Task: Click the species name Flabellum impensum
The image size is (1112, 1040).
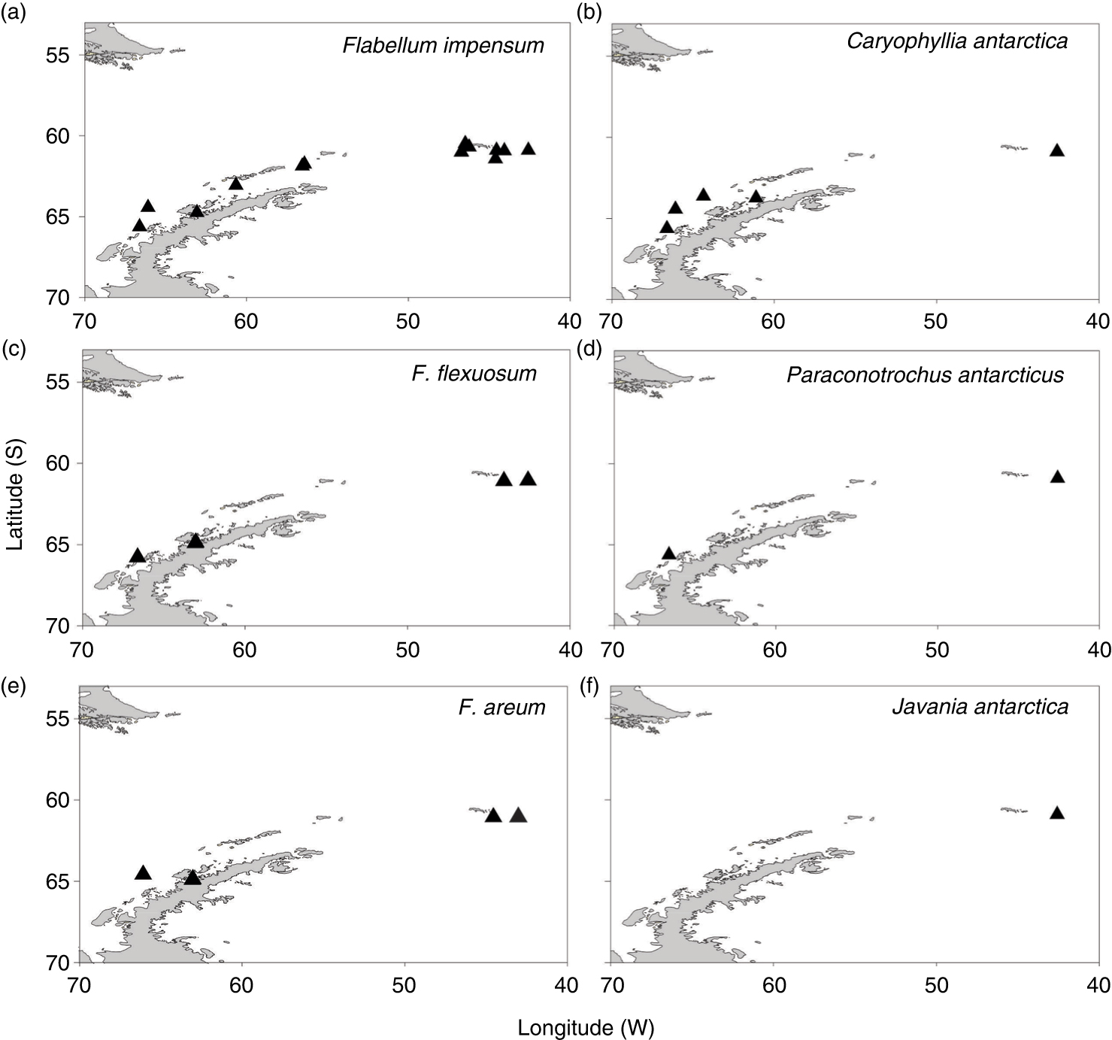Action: click(443, 45)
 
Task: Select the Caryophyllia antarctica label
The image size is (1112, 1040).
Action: click(957, 41)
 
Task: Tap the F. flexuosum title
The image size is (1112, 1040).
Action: click(474, 373)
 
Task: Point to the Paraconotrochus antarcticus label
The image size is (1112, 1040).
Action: click(925, 374)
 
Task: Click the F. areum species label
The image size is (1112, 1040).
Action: click(501, 707)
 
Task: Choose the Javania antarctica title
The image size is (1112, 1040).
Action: click(980, 707)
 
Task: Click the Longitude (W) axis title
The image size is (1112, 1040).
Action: click(586, 1028)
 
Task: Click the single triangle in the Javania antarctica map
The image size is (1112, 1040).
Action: click(1057, 812)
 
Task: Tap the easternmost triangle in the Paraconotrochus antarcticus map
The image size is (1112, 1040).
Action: click(1057, 477)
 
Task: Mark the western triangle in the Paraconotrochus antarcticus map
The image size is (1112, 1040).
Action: click(668, 553)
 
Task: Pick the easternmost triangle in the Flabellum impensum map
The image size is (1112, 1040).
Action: click(529, 148)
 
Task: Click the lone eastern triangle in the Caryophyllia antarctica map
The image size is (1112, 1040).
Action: click(1057, 150)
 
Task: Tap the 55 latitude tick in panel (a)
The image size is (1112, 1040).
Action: click(62, 56)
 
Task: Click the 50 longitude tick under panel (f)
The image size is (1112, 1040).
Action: click(937, 984)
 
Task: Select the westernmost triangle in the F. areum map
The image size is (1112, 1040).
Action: click(143, 872)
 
